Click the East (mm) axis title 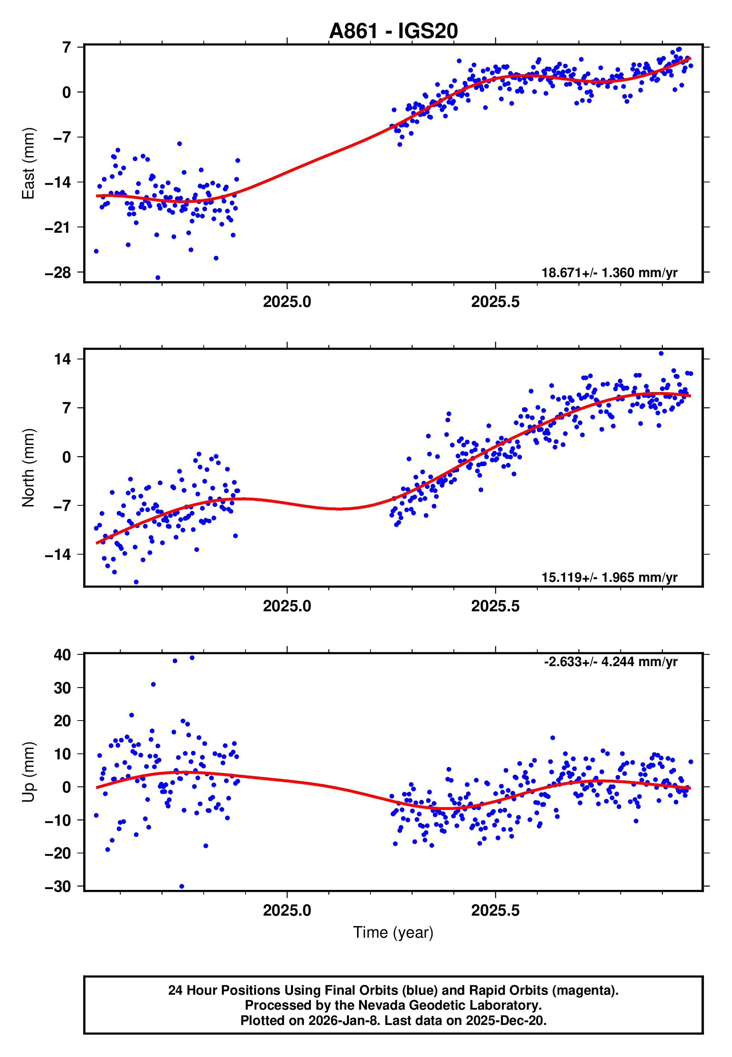[x=28, y=164]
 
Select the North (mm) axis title [x=28, y=468]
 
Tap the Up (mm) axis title [x=28, y=772]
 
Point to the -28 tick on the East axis [x=58, y=273]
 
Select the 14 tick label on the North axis [x=62, y=359]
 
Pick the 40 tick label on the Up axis [x=62, y=655]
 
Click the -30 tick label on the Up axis [x=58, y=887]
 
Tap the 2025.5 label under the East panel [x=495, y=302]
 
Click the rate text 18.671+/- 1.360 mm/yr [x=609, y=273]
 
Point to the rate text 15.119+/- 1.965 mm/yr [x=609, y=577]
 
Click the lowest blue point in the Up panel [x=182, y=887]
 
